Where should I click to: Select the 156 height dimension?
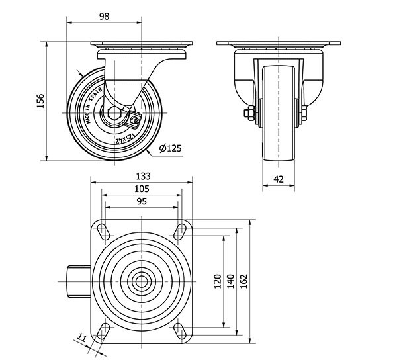[40, 101]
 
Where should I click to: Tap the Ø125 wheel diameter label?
[170, 148]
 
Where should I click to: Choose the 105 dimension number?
[142, 189]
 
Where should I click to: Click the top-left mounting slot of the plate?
[104, 230]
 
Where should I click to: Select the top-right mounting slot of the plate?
[179, 230]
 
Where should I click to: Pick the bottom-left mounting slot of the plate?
[104, 330]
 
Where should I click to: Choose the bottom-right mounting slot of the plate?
[179, 330]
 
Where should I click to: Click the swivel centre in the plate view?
[142, 281]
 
